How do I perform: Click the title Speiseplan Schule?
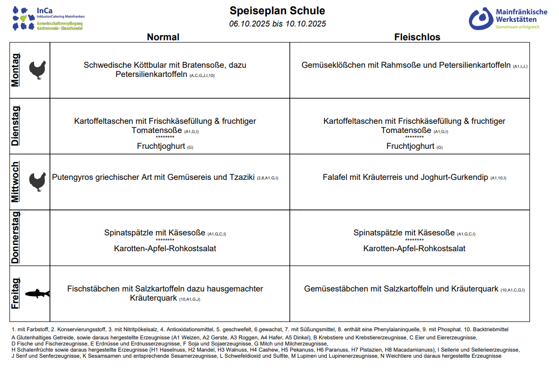pyautogui.click(x=277, y=11)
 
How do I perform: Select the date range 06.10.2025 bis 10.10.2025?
pyautogui.click(x=277, y=24)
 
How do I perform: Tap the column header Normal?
pyautogui.click(x=163, y=37)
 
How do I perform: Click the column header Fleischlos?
pyautogui.click(x=417, y=37)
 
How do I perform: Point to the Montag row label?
pyautogui.click(x=16, y=70)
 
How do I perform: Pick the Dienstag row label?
pyautogui.click(x=16, y=126)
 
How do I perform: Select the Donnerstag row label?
pyautogui.click(x=16, y=238)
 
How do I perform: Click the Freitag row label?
pyautogui.click(x=16, y=294)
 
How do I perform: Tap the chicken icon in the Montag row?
pyautogui.click(x=37, y=70)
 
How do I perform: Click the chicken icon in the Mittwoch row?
pyautogui.click(x=37, y=182)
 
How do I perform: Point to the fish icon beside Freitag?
pyautogui.click(x=37, y=294)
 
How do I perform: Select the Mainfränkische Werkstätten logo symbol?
pyautogui.click(x=481, y=19)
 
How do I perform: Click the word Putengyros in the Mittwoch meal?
pyautogui.click(x=73, y=177)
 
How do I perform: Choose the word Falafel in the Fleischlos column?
pyautogui.click(x=336, y=177)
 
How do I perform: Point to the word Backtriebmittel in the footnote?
pyautogui.click(x=491, y=330)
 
